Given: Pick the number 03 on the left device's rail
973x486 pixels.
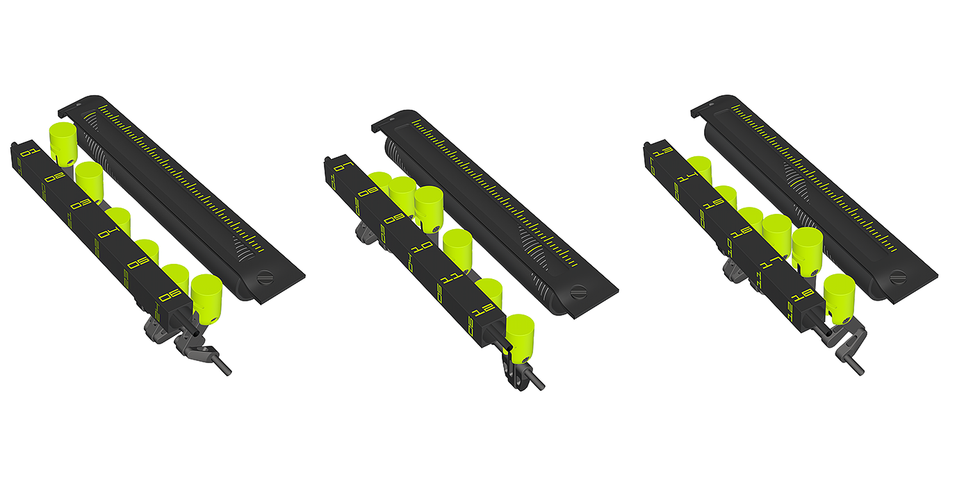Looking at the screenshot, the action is tap(79, 205).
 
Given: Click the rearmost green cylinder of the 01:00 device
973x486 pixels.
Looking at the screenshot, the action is tap(62, 142).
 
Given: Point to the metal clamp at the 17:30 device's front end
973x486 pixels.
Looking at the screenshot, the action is tap(837, 340).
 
